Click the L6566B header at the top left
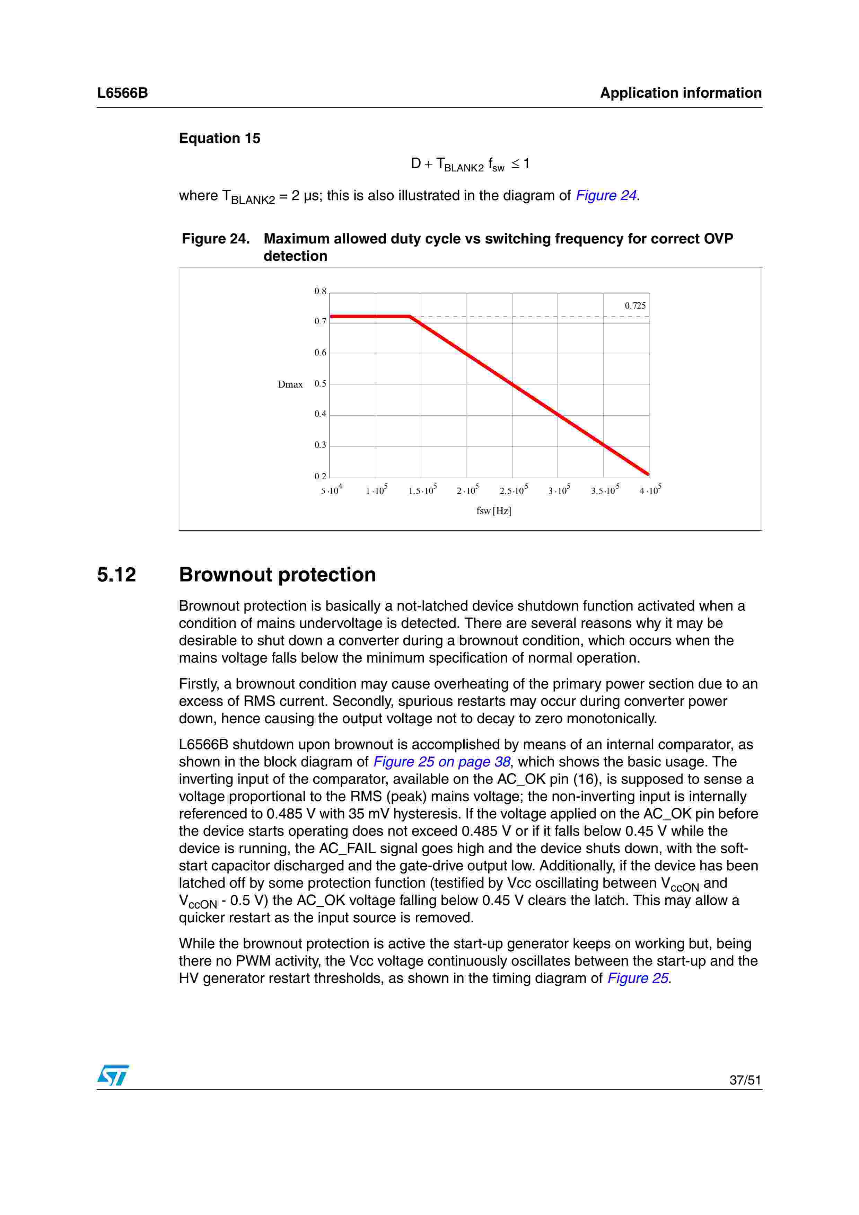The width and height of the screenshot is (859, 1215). click(x=122, y=93)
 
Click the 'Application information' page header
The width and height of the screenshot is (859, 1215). click(x=680, y=93)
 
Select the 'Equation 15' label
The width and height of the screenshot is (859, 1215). click(x=220, y=139)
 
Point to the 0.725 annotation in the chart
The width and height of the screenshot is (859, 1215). click(x=634, y=306)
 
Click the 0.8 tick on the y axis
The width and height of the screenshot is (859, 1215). click(x=320, y=291)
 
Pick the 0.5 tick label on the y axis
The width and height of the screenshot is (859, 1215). click(x=320, y=384)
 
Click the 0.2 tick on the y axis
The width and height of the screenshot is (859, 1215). click(x=320, y=476)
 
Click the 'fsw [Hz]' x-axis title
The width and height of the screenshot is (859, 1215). click(x=493, y=511)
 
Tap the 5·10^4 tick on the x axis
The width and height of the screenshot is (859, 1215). click(x=331, y=490)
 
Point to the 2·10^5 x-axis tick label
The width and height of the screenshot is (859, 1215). click(x=467, y=490)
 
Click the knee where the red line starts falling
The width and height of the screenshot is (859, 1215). click(x=410, y=317)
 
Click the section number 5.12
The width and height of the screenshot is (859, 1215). click(x=116, y=575)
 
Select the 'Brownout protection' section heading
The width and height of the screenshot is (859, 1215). click(x=277, y=575)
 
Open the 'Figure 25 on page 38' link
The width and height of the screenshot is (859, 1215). click(x=441, y=762)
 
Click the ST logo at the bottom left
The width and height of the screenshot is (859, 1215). click(x=113, y=1075)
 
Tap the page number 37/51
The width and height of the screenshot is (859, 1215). click(x=745, y=1080)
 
